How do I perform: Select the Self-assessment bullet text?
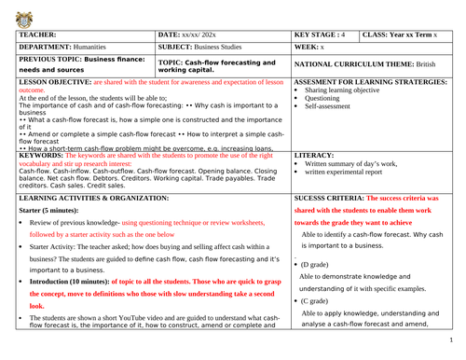[x=330, y=132]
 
